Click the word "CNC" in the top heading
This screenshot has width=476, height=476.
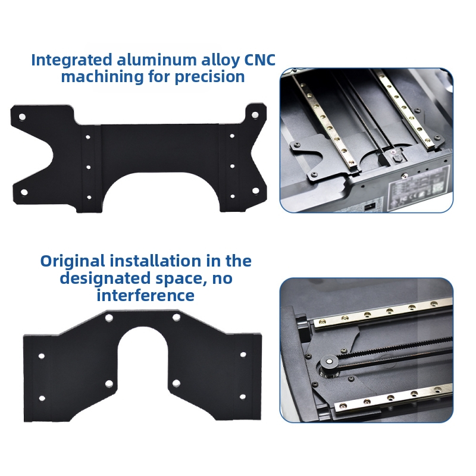point(260,60)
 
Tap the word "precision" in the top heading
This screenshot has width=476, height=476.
point(209,77)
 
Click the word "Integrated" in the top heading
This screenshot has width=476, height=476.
point(71,60)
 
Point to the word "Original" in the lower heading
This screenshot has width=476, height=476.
point(73,261)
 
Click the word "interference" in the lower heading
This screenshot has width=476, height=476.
point(145,295)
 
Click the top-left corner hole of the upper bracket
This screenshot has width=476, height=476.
point(22,117)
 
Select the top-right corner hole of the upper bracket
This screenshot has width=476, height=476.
point(255,115)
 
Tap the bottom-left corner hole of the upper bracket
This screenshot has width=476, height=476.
point(24,192)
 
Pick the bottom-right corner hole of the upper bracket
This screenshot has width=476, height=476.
point(256,190)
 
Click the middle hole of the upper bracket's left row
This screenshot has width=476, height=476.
point(88,167)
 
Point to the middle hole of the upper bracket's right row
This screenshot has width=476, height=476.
point(232,166)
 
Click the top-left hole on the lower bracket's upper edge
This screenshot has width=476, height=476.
point(109,318)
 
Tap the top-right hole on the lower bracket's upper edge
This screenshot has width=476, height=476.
point(176,318)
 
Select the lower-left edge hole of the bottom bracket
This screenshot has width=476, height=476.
point(42,398)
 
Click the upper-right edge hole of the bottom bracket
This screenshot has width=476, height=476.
point(243,355)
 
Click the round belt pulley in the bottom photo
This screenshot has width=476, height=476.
point(328,362)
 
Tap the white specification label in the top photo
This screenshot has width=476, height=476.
point(419,185)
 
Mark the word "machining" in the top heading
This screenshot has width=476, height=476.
point(102,77)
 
